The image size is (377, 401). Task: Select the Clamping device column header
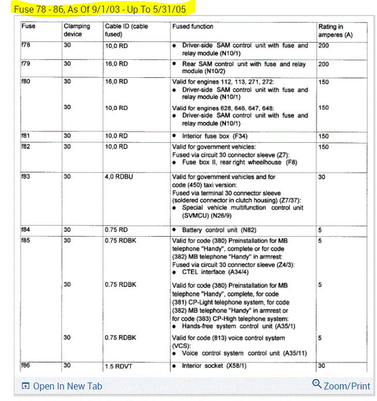pyautogui.click(x=77, y=30)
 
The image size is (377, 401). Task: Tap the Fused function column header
pyautogui.click(x=193, y=27)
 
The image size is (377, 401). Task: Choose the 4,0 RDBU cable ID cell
pyautogui.click(x=119, y=177)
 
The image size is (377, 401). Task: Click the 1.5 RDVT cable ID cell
pyautogui.click(x=118, y=365)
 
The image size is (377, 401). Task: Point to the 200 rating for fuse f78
pyautogui.click(x=323, y=46)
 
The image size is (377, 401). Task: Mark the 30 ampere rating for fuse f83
pyautogui.click(x=322, y=177)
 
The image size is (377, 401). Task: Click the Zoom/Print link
pyautogui.click(x=346, y=386)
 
